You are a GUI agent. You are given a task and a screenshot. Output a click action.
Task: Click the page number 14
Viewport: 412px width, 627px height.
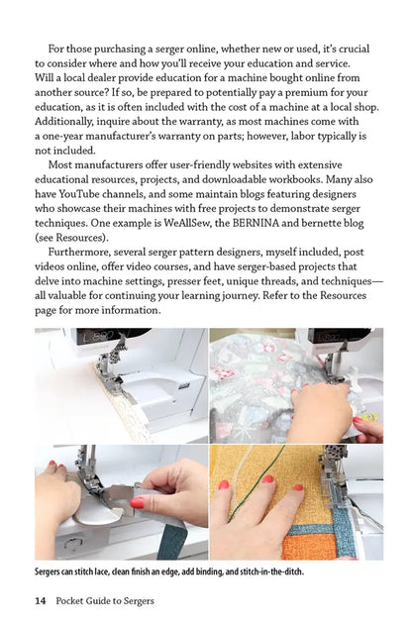point(41,601)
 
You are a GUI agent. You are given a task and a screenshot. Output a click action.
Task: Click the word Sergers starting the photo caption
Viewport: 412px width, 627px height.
point(52,572)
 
